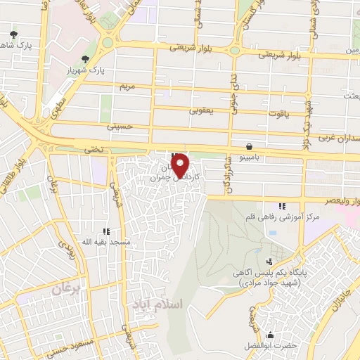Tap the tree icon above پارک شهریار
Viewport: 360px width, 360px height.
[86, 59]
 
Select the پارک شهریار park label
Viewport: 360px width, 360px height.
[85, 71]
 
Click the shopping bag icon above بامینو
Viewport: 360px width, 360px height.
[250, 147]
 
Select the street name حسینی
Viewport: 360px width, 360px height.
[119, 127]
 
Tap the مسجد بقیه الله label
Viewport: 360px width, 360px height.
[106, 242]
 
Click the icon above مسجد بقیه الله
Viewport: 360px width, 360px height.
[106, 231]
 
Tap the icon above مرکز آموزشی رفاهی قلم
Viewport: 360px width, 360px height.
[282, 206]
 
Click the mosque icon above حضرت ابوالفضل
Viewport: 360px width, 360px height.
[270, 333]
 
